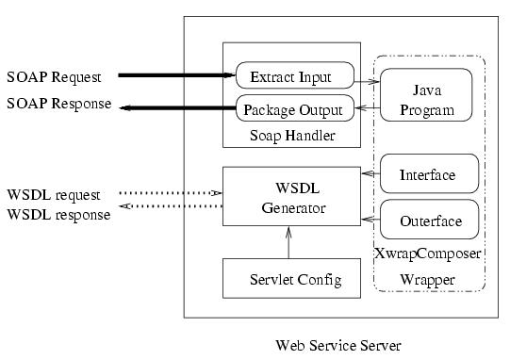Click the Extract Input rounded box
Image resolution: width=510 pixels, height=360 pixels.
[x=295, y=74]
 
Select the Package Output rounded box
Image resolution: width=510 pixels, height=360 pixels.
[x=295, y=108]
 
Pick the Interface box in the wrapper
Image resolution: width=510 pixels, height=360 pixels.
[x=427, y=174]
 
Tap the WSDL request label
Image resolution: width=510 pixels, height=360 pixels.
[x=54, y=195]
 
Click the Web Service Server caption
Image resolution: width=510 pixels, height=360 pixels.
[x=337, y=345]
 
